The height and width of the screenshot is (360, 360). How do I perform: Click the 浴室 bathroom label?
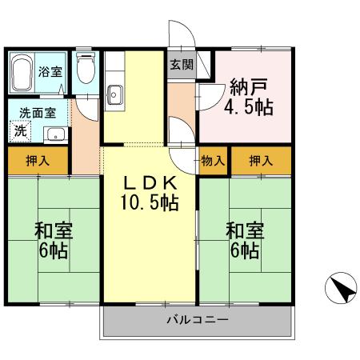tap(50, 70)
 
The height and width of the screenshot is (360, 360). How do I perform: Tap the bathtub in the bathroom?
tap(24, 72)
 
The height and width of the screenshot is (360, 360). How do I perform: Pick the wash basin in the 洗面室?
tap(53, 133)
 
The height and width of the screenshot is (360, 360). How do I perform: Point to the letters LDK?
tap(150, 183)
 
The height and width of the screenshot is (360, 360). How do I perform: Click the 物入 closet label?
tap(213, 161)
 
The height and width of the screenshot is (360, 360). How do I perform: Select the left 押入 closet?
tap(38, 161)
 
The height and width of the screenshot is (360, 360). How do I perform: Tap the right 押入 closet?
tap(260, 161)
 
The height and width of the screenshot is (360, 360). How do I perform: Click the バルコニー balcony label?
tap(197, 320)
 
